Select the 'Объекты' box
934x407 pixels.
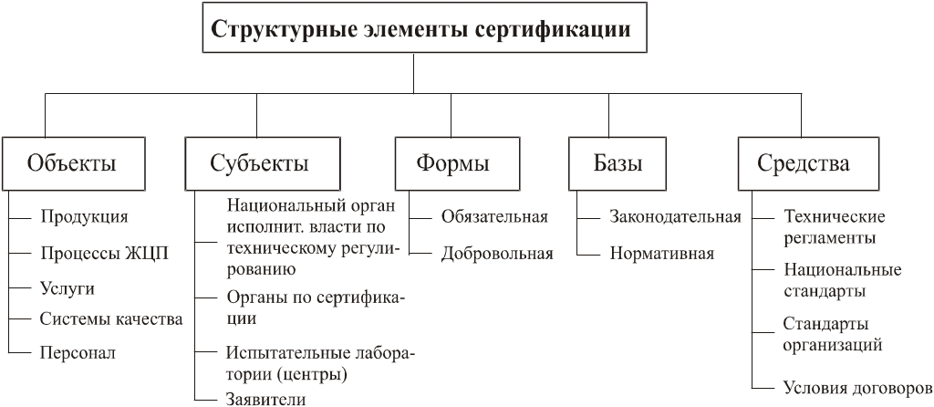[73, 164]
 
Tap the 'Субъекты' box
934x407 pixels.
[261, 164]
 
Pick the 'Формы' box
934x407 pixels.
[453, 164]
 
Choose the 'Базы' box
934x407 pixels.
[617, 164]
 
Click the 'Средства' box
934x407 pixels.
[804, 164]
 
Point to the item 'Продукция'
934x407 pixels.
[84, 217]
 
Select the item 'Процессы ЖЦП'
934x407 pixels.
[105, 253]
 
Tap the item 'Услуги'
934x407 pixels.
[67, 288]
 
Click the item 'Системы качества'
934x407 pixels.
[111, 319]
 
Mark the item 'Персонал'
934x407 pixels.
[78, 352]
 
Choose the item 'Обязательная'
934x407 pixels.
[494, 217]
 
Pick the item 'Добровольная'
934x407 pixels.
[497, 253]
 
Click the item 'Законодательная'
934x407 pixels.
[675, 217]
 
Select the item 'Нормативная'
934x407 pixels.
[661, 253]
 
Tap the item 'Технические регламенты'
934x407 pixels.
[834, 227]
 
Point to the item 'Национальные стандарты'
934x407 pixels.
[841, 280]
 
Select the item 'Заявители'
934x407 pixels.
[265, 399]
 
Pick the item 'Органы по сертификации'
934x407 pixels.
[314, 308]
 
